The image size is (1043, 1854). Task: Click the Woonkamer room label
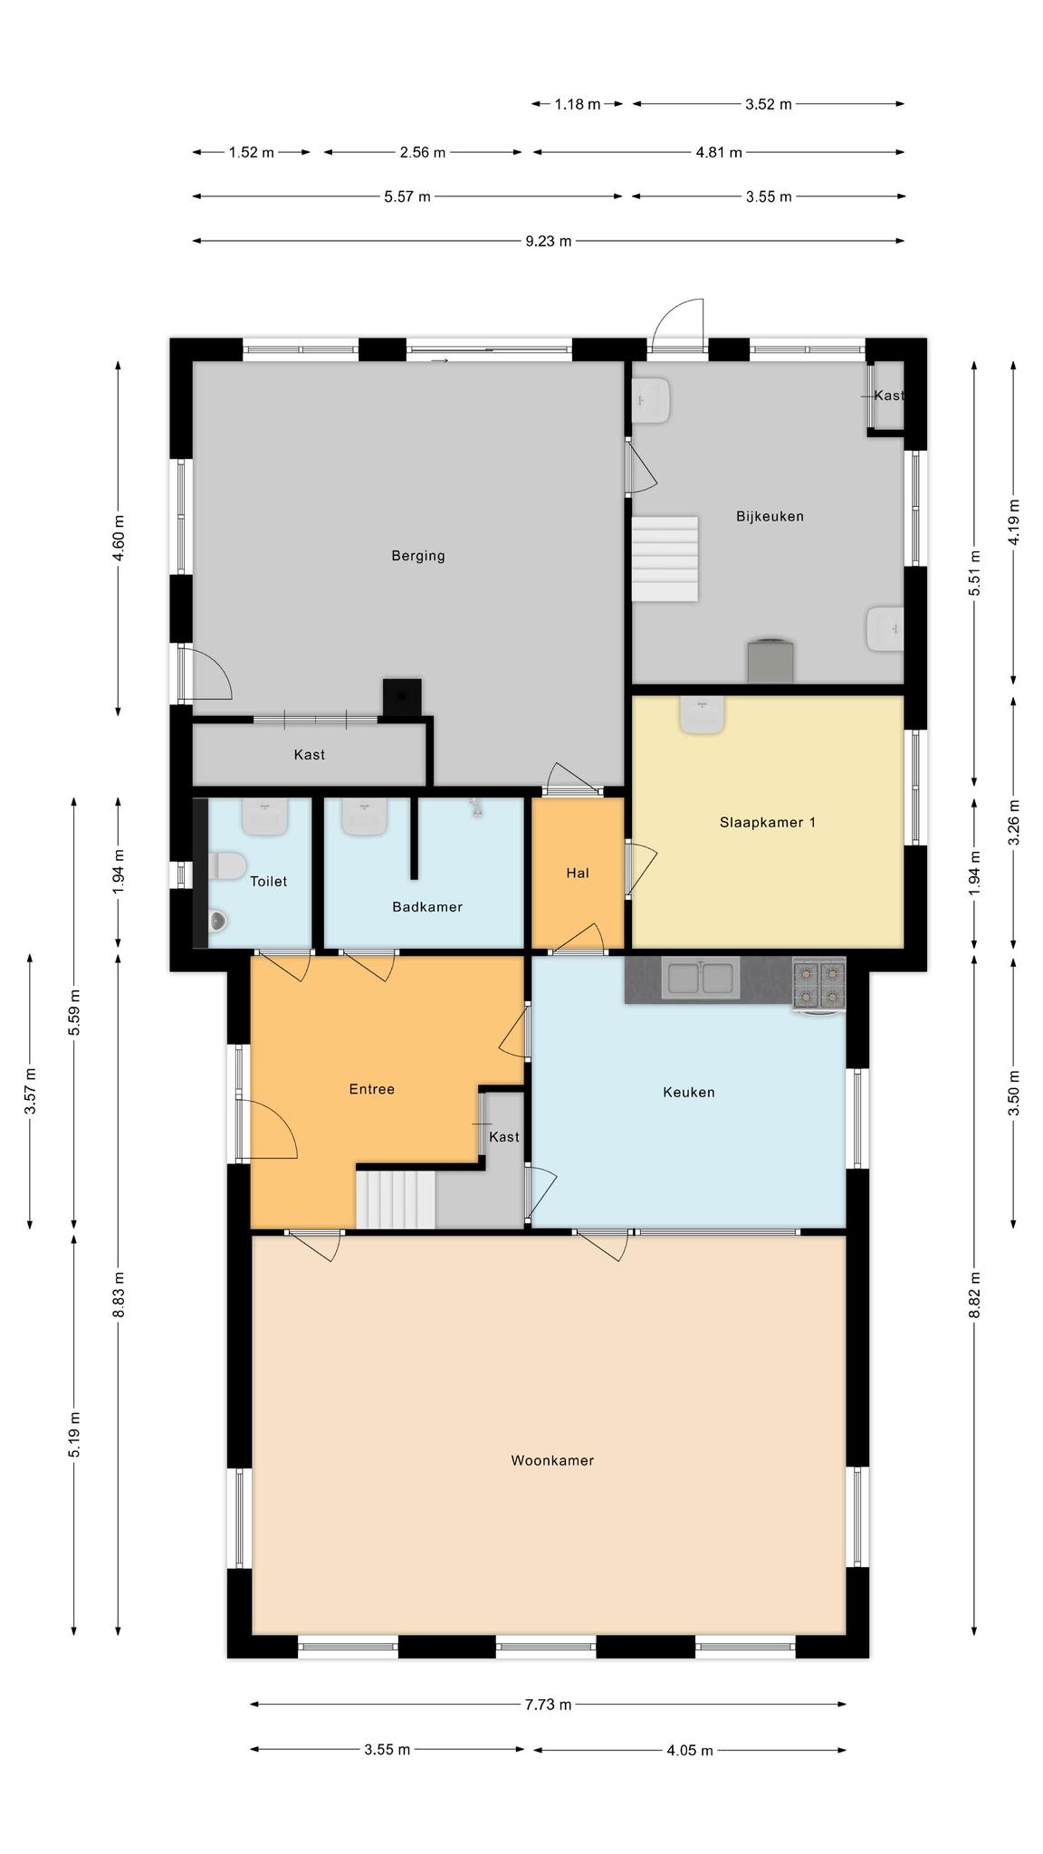[552, 1460]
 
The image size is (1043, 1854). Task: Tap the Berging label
[418, 556]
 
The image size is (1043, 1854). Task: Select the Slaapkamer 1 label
[768, 822]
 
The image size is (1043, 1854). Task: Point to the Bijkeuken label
[770, 516]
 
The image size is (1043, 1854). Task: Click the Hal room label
[578, 873]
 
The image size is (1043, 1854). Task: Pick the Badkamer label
[427, 906]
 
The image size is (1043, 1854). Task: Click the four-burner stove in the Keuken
[819, 985]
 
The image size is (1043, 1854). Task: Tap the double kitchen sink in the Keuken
[700, 978]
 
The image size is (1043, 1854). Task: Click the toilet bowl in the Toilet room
[226, 866]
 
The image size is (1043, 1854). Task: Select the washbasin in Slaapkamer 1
[702, 715]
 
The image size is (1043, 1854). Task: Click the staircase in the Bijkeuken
[665, 559]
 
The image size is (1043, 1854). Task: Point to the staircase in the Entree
[396, 1199]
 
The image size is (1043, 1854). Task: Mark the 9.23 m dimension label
[549, 241]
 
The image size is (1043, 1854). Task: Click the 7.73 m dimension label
[549, 1705]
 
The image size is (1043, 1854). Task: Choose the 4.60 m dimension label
[119, 538]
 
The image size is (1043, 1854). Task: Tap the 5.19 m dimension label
[74, 1435]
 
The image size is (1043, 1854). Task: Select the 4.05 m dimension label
[690, 1750]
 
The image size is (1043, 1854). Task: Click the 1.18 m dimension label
[578, 104]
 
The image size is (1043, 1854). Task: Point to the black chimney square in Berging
[402, 697]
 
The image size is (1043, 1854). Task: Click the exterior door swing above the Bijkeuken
[678, 324]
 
